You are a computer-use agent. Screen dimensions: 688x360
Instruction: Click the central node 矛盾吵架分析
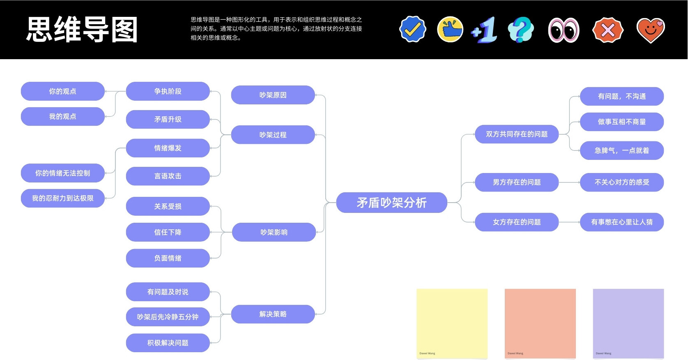[x=391, y=203]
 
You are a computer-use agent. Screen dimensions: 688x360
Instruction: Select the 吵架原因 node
[x=273, y=95]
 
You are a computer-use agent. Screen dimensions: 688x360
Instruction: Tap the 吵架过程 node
[x=273, y=135]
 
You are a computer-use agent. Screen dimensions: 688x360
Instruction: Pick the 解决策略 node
[x=273, y=314]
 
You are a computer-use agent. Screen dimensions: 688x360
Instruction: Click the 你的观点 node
[x=63, y=91]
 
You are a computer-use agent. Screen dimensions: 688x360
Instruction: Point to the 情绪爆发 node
[x=168, y=148]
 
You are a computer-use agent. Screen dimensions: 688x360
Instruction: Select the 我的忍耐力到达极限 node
[x=63, y=198]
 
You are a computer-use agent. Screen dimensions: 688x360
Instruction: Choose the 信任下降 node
[x=168, y=232]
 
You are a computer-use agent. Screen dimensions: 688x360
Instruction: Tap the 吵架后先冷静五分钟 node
[x=168, y=317]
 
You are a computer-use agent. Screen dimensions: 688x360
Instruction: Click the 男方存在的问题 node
[x=517, y=182]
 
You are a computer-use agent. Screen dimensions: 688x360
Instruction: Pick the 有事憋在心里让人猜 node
[x=621, y=222]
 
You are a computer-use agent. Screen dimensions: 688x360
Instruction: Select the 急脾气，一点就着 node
[x=621, y=150]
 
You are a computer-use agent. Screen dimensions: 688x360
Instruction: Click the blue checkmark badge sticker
[x=413, y=29]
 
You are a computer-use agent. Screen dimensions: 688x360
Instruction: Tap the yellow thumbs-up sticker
[x=450, y=30]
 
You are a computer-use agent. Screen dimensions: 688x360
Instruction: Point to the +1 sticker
[x=484, y=30]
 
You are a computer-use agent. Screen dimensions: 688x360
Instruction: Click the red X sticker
[x=607, y=30]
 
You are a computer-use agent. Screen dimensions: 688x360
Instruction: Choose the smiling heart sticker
[x=651, y=30]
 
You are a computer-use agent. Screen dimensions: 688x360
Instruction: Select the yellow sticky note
[x=452, y=323]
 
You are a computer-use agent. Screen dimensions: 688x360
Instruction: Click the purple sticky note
[x=628, y=323]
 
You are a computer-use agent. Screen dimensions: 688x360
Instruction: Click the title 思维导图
[x=82, y=30]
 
